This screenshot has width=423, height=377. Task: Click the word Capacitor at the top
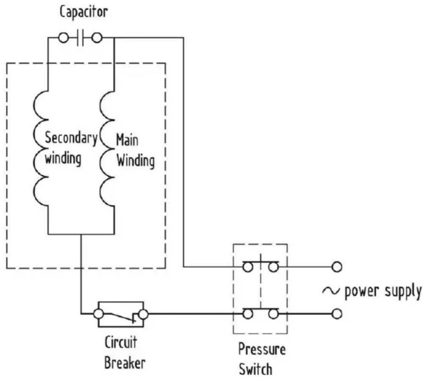pos(83,12)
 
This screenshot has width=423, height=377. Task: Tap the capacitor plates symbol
pos(80,38)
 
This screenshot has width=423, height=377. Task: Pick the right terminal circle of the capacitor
pos(97,38)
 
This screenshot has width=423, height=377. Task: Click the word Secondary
pos(71,138)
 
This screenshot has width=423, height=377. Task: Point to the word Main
pos(127,140)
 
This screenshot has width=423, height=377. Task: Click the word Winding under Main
pos(135,161)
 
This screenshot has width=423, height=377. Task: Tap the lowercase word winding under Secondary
pos(63,158)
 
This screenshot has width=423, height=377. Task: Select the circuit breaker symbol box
pos(120,314)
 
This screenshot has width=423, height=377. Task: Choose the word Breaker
pos(124,362)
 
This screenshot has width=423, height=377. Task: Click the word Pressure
pos(262,349)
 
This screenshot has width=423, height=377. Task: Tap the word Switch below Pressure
pos(256,369)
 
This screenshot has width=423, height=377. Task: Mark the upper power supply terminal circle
pos(337,267)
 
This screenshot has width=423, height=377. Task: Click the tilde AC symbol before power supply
pos(331,290)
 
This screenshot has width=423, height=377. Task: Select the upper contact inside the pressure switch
pos(260,266)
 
